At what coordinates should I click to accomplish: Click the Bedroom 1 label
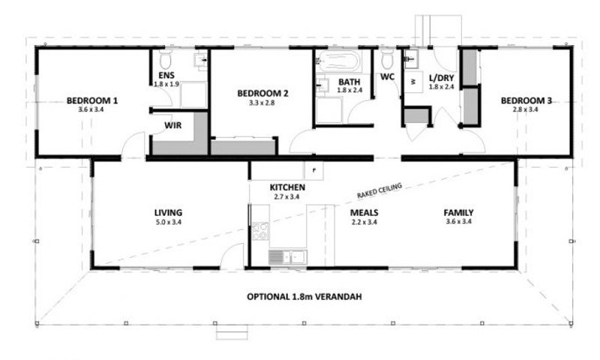tap(91, 100)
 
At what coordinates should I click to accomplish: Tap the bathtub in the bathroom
tap(338, 61)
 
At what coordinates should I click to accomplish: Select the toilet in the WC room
tap(387, 58)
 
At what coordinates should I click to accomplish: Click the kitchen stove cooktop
tap(260, 231)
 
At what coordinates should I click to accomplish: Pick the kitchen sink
tap(288, 257)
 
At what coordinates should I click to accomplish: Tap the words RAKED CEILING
tap(379, 190)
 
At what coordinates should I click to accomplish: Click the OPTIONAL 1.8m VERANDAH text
tap(304, 296)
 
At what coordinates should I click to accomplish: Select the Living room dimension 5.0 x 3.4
tap(168, 221)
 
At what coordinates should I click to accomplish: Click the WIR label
tap(173, 125)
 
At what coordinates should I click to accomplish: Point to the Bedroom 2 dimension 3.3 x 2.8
tap(262, 103)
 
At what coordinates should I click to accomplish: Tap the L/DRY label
tap(441, 78)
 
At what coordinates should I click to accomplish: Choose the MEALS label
tap(364, 213)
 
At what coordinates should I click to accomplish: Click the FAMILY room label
tap(458, 213)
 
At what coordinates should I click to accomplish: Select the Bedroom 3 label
tap(526, 100)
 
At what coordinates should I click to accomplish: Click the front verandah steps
tap(232, 332)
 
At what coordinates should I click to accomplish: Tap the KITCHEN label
tap(287, 187)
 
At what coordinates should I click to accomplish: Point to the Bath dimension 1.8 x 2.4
tap(349, 90)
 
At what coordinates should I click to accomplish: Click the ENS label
tap(166, 75)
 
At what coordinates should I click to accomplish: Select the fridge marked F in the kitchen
tap(314, 170)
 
